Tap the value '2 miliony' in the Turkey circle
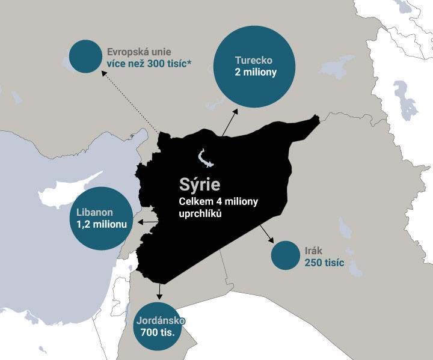click(x=256, y=73)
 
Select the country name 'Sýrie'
click(x=199, y=183)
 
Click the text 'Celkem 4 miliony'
click(x=218, y=201)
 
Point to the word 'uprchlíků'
click(x=200, y=213)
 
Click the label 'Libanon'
click(x=95, y=212)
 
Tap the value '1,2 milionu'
click(x=102, y=224)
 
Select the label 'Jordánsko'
click(x=160, y=321)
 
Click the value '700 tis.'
click(x=160, y=332)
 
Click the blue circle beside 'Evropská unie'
click(x=85, y=56)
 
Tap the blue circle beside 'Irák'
click(x=285, y=256)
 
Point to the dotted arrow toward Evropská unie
click(x=130, y=101)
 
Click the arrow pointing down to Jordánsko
click(x=159, y=291)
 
